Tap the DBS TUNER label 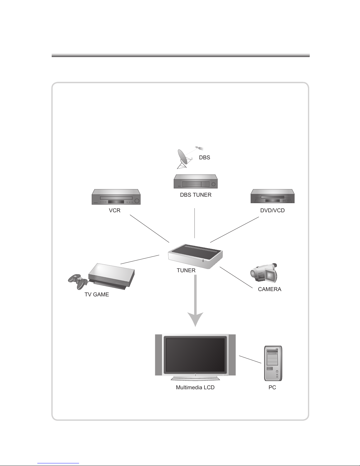click(196, 195)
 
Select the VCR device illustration click(116, 197)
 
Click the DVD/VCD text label click(272, 211)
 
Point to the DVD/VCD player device click(272, 196)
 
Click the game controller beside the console click(78, 281)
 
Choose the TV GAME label click(97, 294)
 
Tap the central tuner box click(195, 256)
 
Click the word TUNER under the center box click(186, 270)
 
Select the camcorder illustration click(264, 273)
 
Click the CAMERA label click(269, 289)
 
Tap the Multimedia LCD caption click(195, 388)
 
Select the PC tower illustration click(273, 363)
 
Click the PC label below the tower click(272, 388)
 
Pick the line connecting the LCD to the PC click(250, 359)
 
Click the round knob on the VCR click(137, 201)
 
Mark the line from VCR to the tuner click(149, 229)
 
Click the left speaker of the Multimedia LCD click(159, 355)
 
